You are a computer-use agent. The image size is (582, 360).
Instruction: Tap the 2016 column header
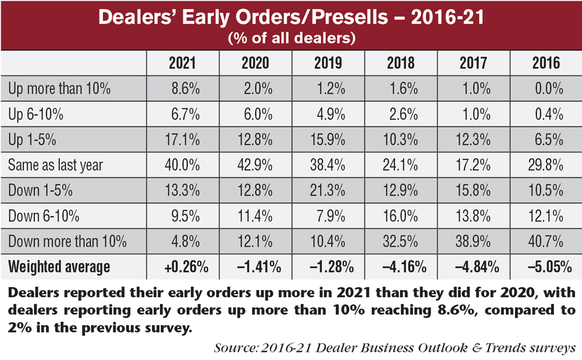[x=545, y=63]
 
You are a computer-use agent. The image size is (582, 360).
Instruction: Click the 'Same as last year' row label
[x=55, y=165]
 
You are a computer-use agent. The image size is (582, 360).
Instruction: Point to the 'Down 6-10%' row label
[x=44, y=216]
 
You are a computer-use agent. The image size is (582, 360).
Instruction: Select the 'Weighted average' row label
[x=59, y=267]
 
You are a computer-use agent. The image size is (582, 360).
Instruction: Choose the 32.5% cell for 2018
[x=403, y=241]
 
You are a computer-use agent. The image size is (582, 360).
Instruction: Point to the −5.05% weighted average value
[x=545, y=267]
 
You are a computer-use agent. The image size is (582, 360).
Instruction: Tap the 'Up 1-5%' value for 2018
[x=403, y=140]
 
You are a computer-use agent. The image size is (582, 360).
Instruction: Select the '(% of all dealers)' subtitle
[x=291, y=40]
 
